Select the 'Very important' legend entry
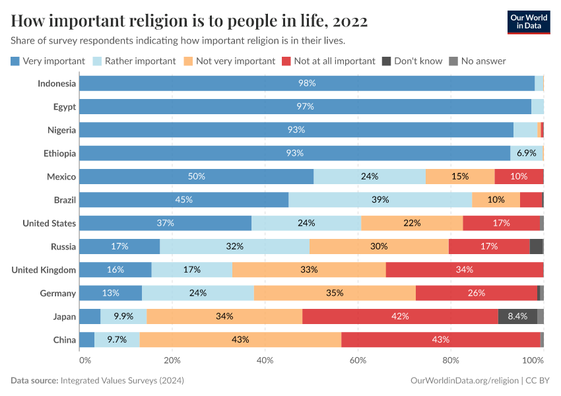pyautogui.click(x=48, y=61)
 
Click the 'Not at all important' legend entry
pyautogui.click(x=328, y=61)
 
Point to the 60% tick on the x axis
pyautogui.click(x=358, y=360)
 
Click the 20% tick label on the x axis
pyautogui.click(x=172, y=360)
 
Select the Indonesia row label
pyautogui.click(x=57, y=83)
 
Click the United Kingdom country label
pyautogui.click(x=44, y=270)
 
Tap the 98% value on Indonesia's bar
pyautogui.click(x=307, y=83)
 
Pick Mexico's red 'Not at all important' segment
pyautogui.click(x=519, y=176)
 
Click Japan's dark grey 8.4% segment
pyautogui.click(x=517, y=316)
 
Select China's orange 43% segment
pyautogui.click(x=240, y=339)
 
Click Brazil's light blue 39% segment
pyautogui.click(x=380, y=199)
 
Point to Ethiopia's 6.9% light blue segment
pyautogui.click(x=526, y=153)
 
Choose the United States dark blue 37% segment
pyautogui.click(x=165, y=223)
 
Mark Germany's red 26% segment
pyautogui.click(x=477, y=293)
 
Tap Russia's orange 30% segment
pyautogui.click(x=379, y=246)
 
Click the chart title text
pyautogui.click(x=189, y=21)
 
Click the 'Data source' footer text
pyautogui.click(x=97, y=381)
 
